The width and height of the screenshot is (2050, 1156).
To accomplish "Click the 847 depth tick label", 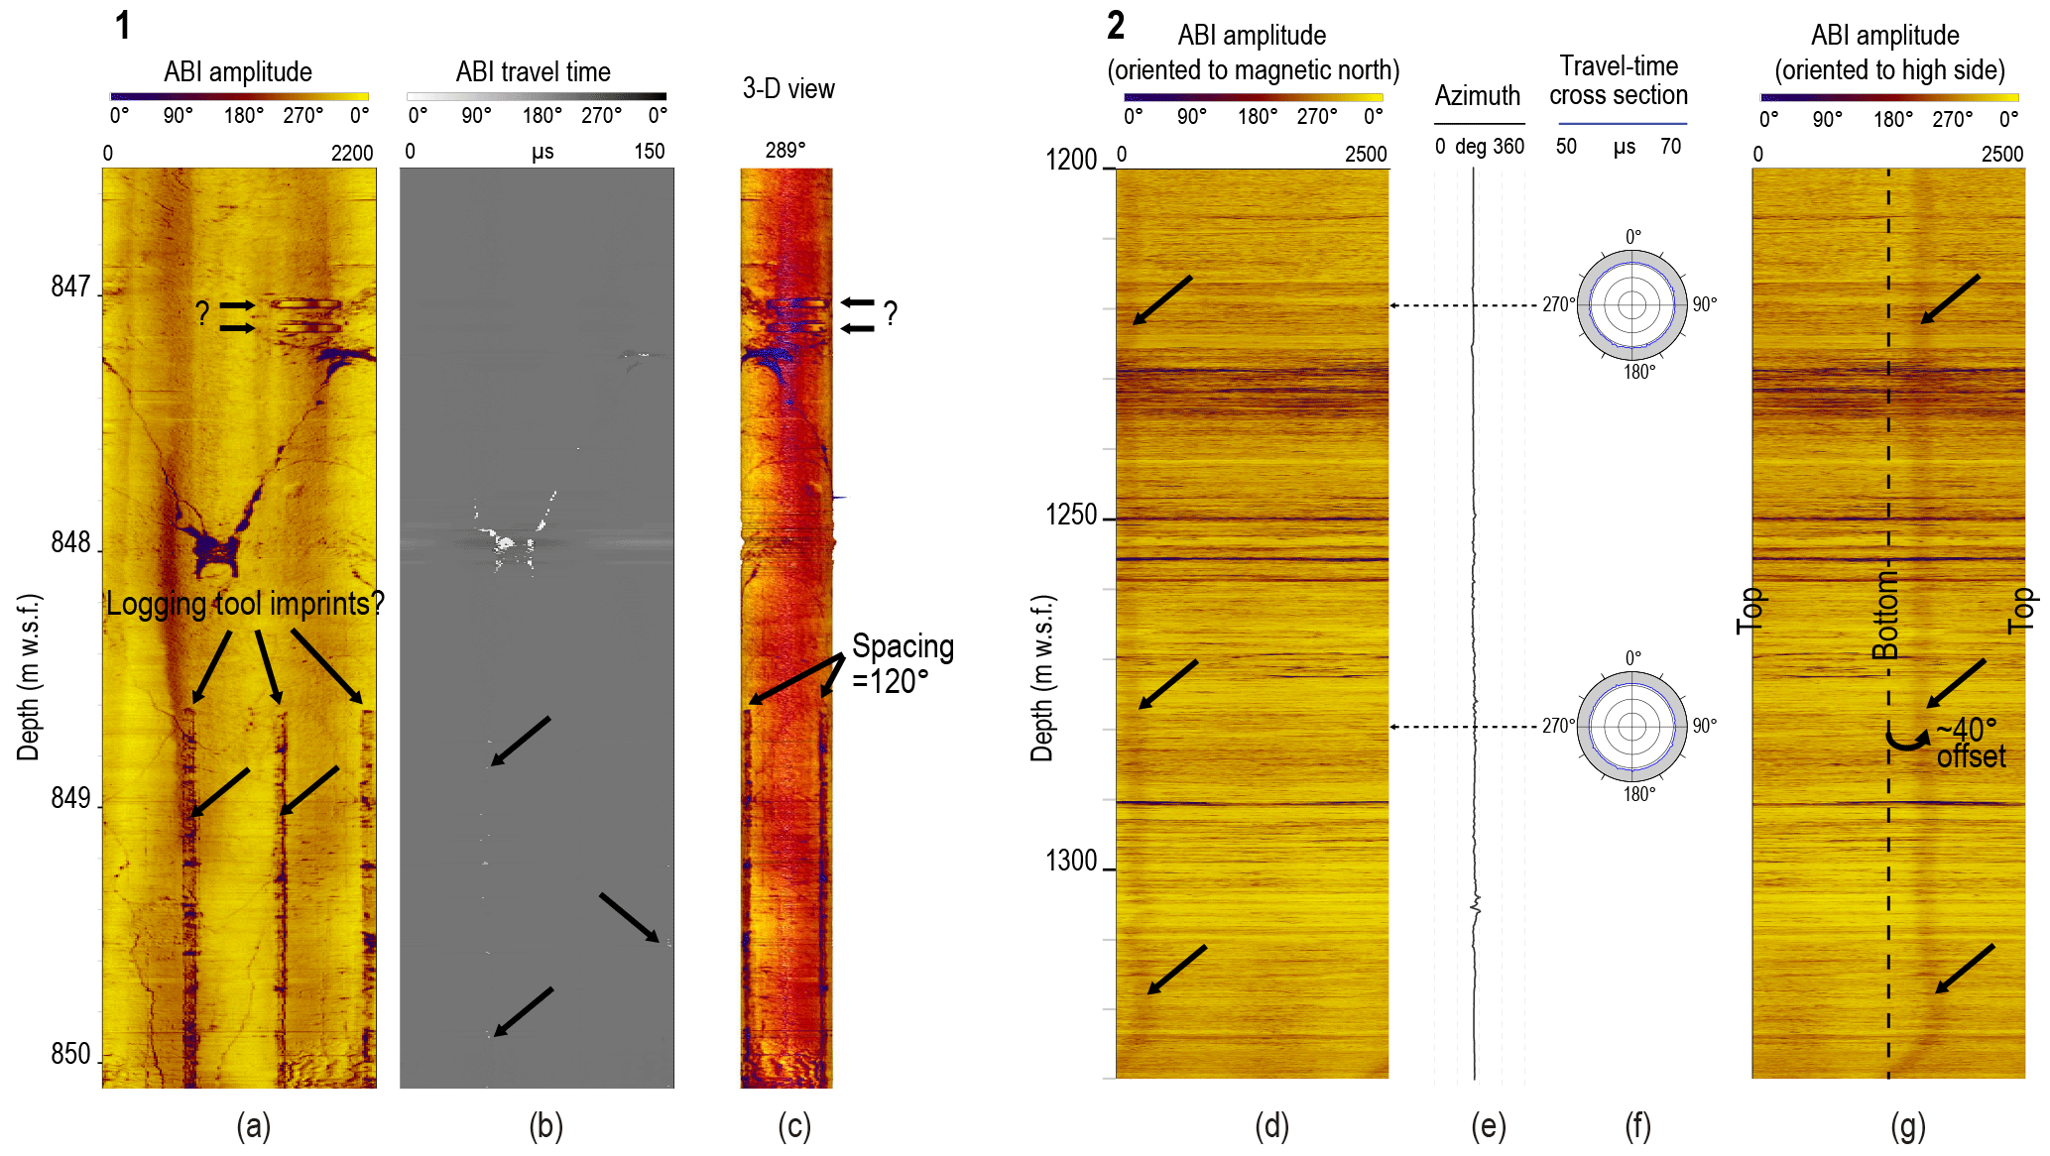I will pyautogui.click(x=69, y=288).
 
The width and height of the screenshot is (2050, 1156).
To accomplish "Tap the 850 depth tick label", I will pyautogui.click(x=69, y=1054).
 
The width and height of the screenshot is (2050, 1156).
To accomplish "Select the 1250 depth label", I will pyautogui.click(x=1070, y=516).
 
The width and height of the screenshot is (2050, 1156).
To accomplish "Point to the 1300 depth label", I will pyautogui.click(x=1070, y=861).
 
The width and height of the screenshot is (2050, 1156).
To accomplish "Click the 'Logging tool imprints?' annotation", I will pyautogui.click(x=244, y=604).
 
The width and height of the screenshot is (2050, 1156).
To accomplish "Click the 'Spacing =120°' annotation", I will pyautogui.click(x=902, y=663).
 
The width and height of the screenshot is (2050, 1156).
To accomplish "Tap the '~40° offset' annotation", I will pyautogui.click(x=1970, y=744).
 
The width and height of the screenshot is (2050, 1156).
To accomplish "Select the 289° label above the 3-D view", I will pyautogui.click(x=784, y=150).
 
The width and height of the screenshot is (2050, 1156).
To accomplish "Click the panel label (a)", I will pyautogui.click(x=253, y=1126).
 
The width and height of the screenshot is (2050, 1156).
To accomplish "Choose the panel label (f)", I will pyautogui.click(x=1637, y=1126).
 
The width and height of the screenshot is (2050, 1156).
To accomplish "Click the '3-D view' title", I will pyautogui.click(x=788, y=89).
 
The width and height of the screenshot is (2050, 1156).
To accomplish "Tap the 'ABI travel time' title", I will pyautogui.click(x=533, y=71).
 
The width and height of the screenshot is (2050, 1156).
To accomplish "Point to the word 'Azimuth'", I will pyautogui.click(x=1477, y=96).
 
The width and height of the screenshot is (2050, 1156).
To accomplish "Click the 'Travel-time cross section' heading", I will pyautogui.click(x=1619, y=80).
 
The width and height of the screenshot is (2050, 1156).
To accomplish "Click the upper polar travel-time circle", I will pyautogui.click(x=1631, y=305).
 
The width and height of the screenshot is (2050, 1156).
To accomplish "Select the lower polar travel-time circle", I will pyautogui.click(x=1631, y=727).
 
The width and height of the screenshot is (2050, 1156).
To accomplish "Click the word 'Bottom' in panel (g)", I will pyautogui.click(x=1885, y=615).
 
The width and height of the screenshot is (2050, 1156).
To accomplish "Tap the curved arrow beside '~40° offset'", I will pyautogui.click(x=1906, y=739).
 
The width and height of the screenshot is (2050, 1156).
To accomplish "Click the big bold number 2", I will pyautogui.click(x=1116, y=26).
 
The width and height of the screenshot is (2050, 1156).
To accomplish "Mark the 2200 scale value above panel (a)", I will pyautogui.click(x=351, y=153).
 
